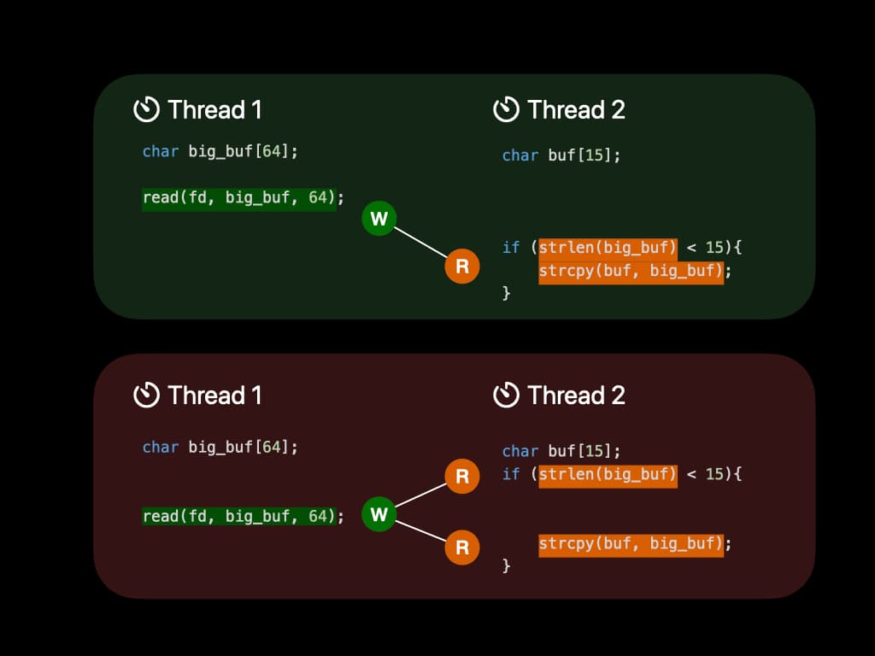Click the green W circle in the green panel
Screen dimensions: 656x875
coord(379,219)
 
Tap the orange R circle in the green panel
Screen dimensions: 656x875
coord(462,266)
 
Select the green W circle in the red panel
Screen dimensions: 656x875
coord(379,514)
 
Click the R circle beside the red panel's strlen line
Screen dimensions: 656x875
coord(462,476)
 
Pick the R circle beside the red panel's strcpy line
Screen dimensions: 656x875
coord(462,547)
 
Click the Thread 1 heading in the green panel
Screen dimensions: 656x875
coord(214,110)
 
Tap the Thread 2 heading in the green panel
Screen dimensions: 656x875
coord(576,110)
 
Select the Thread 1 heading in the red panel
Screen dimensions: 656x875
coord(214,395)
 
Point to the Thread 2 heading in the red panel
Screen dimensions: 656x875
coord(576,395)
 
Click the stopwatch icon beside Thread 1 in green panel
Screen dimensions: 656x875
coord(147,109)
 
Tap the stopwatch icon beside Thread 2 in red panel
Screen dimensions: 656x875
coord(507,395)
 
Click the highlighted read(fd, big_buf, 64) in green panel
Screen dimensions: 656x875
coord(238,198)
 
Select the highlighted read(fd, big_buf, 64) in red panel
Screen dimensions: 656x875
coord(238,517)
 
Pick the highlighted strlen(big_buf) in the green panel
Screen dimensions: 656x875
coord(608,248)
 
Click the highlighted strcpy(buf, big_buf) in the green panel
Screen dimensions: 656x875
coord(631,272)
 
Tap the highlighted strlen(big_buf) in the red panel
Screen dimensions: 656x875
coord(608,474)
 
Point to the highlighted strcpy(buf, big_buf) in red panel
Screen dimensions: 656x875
coord(631,543)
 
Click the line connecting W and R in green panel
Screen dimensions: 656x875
coord(420,243)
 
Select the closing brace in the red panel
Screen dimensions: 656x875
coord(506,565)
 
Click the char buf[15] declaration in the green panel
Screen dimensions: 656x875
coord(561,155)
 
